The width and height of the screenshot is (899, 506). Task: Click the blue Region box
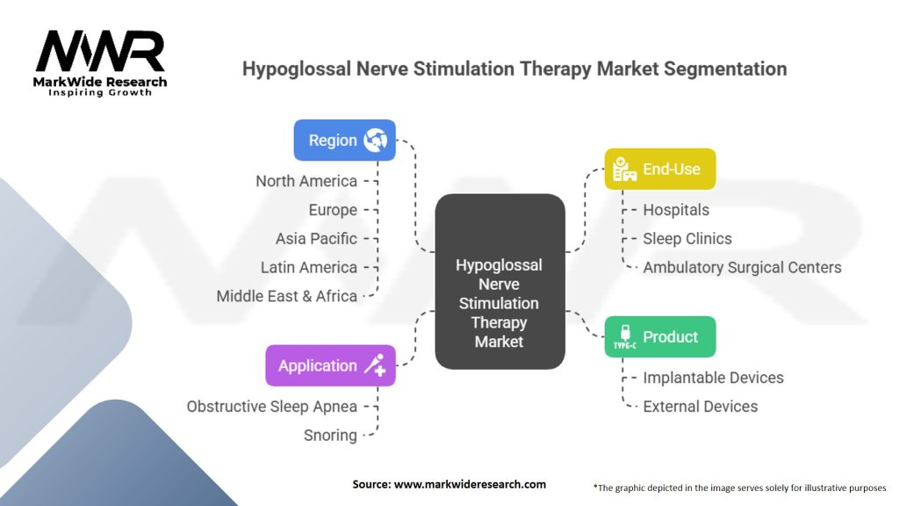pyautogui.click(x=344, y=140)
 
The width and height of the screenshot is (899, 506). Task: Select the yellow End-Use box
pyautogui.click(x=660, y=169)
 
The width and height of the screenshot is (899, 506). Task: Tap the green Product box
pyautogui.click(x=660, y=336)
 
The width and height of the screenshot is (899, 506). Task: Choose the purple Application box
pyautogui.click(x=330, y=365)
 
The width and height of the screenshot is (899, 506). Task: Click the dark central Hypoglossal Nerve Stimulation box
pyautogui.click(x=500, y=281)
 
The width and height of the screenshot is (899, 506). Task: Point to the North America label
pyautogui.click(x=306, y=181)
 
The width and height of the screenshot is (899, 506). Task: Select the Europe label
pyautogui.click(x=333, y=210)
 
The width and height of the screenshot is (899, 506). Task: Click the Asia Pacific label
pyautogui.click(x=316, y=239)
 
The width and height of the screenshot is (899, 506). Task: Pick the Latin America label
pyautogui.click(x=308, y=267)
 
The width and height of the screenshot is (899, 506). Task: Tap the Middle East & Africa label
pyautogui.click(x=287, y=296)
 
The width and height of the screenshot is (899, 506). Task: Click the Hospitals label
pyautogui.click(x=676, y=210)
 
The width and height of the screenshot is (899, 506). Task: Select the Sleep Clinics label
pyautogui.click(x=687, y=239)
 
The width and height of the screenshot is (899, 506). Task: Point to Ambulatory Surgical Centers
pyautogui.click(x=742, y=267)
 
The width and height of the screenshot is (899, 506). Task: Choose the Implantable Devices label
pyautogui.click(x=713, y=378)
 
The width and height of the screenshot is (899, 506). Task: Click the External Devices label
pyautogui.click(x=700, y=406)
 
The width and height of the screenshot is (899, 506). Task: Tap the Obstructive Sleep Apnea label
pyautogui.click(x=272, y=406)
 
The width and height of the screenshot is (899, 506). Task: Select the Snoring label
pyautogui.click(x=330, y=436)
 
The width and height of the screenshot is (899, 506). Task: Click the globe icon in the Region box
pyautogui.click(x=375, y=140)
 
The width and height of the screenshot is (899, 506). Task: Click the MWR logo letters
pyautogui.click(x=100, y=51)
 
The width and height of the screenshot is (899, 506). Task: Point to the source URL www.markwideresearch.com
pyautogui.click(x=470, y=484)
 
